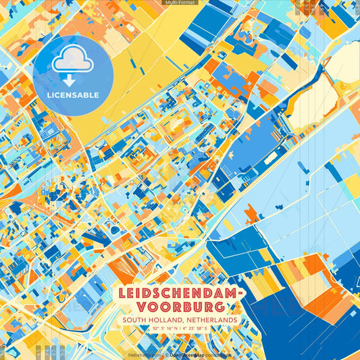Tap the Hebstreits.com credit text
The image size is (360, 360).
point(145,353)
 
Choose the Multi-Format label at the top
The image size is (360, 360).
point(179,3)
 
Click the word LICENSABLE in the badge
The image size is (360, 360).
point(73,95)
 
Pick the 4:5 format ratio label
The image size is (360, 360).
point(38,351)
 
